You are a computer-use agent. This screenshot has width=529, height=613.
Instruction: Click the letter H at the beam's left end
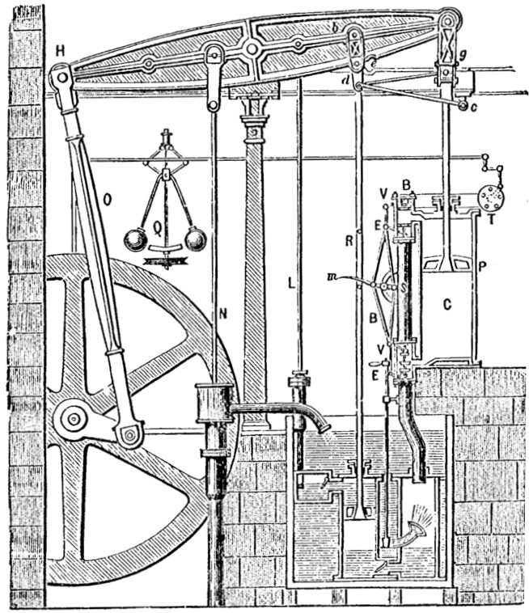tap(59, 51)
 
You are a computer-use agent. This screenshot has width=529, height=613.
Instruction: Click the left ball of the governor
tap(134, 240)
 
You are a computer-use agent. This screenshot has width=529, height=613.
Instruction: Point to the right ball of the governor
tap(195, 239)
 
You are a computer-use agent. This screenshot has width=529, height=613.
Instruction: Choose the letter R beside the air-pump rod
tap(349, 239)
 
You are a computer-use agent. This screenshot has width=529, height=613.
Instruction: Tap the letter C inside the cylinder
tap(446, 304)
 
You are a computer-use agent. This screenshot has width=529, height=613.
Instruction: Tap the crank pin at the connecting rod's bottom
tap(129, 434)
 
